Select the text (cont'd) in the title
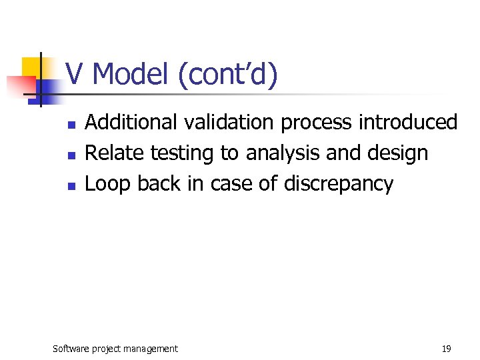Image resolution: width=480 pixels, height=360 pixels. [x=228, y=74]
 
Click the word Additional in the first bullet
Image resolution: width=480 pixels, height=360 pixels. [x=132, y=122]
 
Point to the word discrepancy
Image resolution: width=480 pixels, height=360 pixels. [x=339, y=185]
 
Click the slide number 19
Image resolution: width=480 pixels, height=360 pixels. [x=446, y=348]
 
